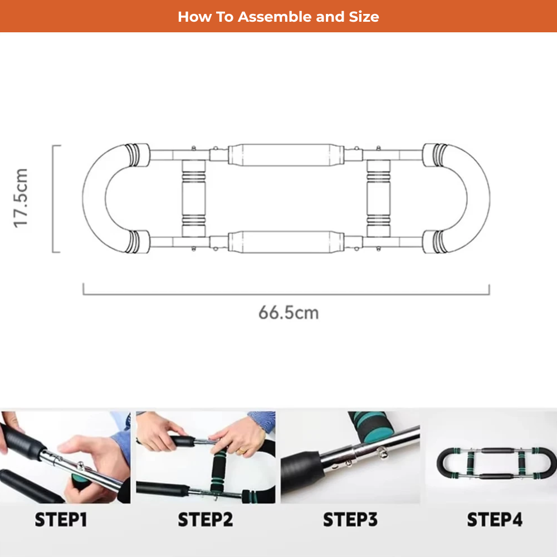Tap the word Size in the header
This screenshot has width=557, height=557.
364,17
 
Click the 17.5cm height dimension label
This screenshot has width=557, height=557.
20,198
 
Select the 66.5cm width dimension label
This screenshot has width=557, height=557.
289,312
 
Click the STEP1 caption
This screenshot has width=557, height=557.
61,520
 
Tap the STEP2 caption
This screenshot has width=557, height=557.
206,520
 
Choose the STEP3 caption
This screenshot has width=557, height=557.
350,520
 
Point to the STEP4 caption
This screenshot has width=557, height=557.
495,520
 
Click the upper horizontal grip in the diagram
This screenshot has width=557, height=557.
286,155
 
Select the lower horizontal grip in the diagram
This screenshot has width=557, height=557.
286,242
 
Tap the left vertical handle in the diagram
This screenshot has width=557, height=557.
194,198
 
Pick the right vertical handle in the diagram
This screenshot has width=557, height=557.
378,198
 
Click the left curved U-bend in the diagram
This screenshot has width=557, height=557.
94,198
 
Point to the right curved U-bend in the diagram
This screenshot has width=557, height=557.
478,198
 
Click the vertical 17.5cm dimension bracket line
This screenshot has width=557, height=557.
53,199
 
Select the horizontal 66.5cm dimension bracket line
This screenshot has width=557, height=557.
286,294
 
